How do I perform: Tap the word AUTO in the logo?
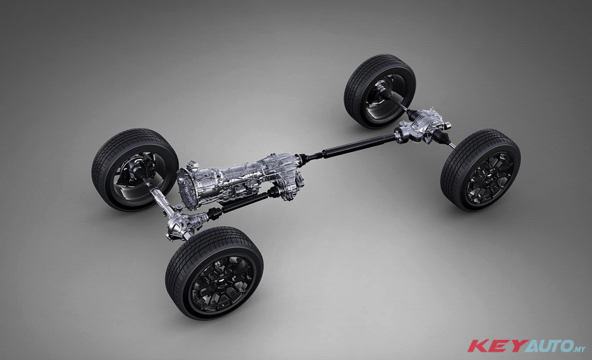[x=548, y=346]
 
